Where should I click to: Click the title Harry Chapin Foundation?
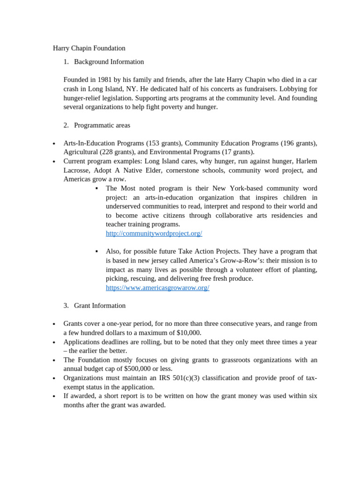click(89, 48)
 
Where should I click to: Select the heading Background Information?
click(109, 62)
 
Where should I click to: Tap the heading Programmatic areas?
click(102, 126)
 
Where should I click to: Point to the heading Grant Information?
click(99, 306)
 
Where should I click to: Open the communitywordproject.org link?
click(154, 233)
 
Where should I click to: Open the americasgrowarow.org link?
click(157, 288)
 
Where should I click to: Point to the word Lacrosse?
click(78, 171)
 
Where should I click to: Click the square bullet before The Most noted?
click(97, 188)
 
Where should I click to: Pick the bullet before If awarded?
click(54, 397)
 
